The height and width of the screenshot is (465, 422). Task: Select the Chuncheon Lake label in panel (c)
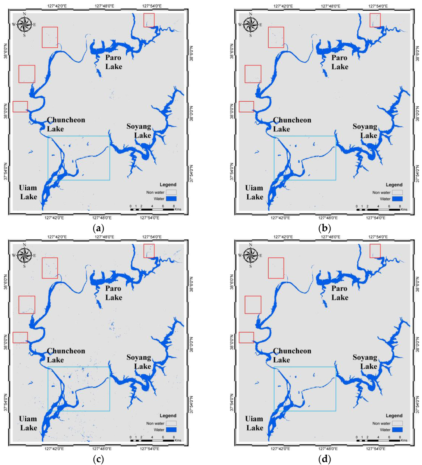pos(66,355)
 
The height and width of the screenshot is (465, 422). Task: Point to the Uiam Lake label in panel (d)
pos(255,424)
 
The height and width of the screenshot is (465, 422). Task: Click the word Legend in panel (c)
pos(169,416)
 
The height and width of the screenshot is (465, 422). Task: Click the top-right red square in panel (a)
pos(149,20)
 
